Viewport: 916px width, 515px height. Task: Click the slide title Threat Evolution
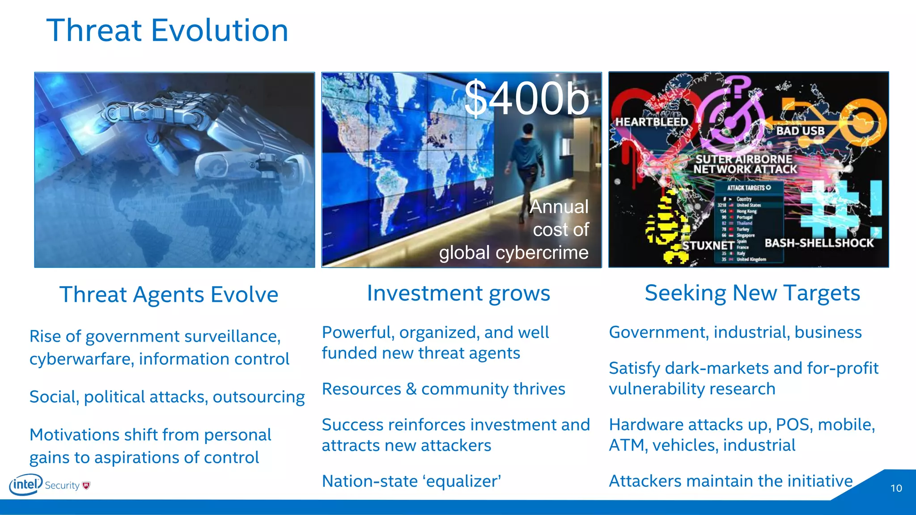(x=167, y=30)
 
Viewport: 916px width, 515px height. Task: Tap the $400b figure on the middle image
(x=526, y=98)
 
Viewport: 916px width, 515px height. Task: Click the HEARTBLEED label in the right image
(x=651, y=122)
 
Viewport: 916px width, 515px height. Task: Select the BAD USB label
(x=800, y=131)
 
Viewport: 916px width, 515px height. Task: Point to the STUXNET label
(x=708, y=245)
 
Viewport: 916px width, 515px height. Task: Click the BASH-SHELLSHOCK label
(x=818, y=243)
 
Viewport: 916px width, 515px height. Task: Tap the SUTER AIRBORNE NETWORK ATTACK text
(x=745, y=164)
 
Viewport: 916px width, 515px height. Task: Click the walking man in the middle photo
(x=523, y=170)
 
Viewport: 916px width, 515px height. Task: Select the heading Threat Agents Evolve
(x=169, y=295)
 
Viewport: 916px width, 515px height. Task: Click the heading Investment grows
(x=458, y=293)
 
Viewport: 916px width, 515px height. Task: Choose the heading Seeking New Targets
(x=752, y=293)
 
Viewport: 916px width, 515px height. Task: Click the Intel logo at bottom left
(x=26, y=485)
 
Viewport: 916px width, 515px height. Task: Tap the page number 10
(x=896, y=488)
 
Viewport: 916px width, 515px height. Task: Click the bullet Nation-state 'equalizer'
(x=411, y=481)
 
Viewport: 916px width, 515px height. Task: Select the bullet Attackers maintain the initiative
(x=730, y=481)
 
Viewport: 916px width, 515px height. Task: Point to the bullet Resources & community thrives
(x=443, y=389)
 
